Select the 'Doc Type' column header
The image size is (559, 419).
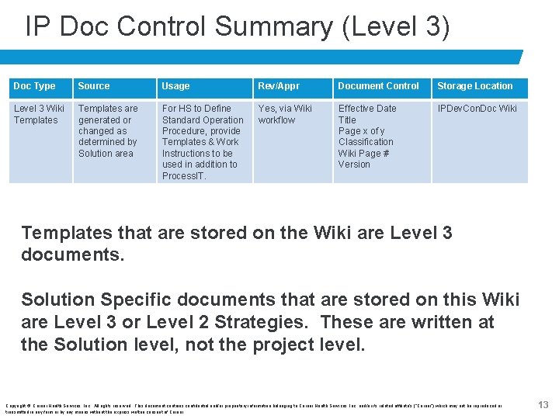(35, 86)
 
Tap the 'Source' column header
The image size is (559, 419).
(94, 86)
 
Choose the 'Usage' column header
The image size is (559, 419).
(175, 86)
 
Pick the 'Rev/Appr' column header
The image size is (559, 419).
(279, 86)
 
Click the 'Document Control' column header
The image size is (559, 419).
(378, 86)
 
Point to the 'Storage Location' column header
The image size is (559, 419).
(474, 86)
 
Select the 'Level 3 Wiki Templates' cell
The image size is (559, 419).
(39, 115)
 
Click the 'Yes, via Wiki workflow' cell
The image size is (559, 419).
(285, 115)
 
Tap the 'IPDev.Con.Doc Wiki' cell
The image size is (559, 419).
(477, 109)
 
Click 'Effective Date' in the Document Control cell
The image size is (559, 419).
(367, 109)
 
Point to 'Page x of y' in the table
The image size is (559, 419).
(361, 131)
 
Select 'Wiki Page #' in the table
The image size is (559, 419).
(363, 154)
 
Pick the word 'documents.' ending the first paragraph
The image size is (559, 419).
(72, 255)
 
